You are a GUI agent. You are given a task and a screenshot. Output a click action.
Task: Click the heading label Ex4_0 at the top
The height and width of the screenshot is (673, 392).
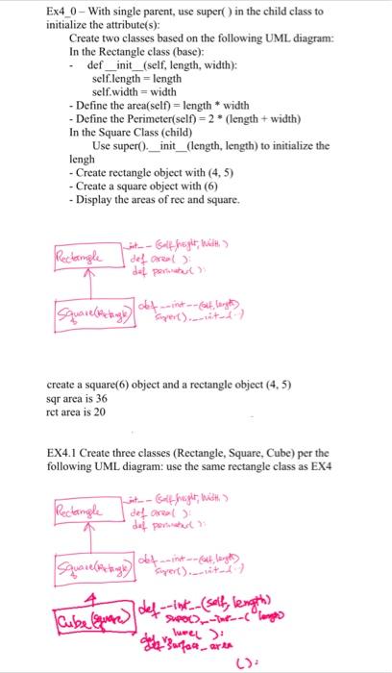coord(64,11)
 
